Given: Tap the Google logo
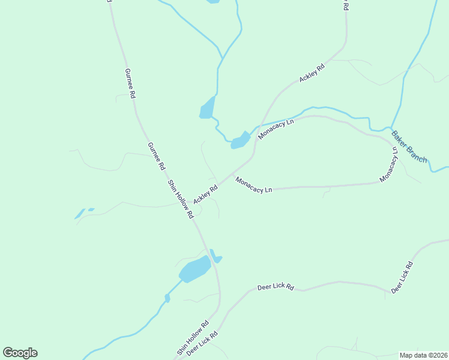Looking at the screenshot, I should point(20,352).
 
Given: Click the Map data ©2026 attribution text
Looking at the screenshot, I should point(423,355).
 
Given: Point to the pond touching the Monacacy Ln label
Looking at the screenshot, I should point(240,140).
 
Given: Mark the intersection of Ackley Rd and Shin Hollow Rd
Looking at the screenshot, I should point(187,203).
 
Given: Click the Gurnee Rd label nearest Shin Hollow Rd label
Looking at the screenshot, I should point(155,156).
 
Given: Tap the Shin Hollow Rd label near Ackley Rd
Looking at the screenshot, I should point(180,199).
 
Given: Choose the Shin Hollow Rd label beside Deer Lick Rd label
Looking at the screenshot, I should point(193,338).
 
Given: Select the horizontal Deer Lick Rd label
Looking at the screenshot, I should point(276,287).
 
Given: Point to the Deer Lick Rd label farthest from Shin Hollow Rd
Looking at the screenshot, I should point(402,277).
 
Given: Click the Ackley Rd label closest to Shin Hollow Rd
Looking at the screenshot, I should point(205,193).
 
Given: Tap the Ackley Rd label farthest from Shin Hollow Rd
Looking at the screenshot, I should point(312,73).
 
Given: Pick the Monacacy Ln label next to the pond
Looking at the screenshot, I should point(276,129).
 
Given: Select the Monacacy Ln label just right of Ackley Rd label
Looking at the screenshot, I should point(254,184).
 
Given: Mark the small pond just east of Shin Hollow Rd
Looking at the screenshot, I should point(215,257).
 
